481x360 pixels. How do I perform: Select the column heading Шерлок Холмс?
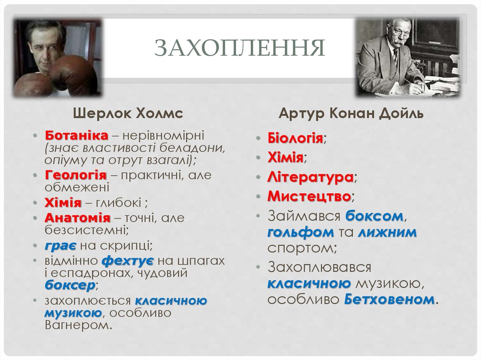pos(127,114)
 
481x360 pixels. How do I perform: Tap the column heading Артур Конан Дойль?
pos(351,114)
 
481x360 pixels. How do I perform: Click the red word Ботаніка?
pos(77,135)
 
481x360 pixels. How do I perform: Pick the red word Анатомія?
pos(78,218)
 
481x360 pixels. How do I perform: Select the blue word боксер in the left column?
pos(70,285)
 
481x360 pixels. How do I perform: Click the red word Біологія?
pos(295,139)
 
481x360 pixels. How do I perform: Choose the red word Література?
pos(310,178)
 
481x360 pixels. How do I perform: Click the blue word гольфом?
pos(301,233)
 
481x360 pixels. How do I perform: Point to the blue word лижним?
pos(387,233)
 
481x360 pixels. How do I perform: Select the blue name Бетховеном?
pos(389,299)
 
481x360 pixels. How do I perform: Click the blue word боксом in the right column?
pos(375,216)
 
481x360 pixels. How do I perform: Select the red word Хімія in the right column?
pos(285,158)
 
